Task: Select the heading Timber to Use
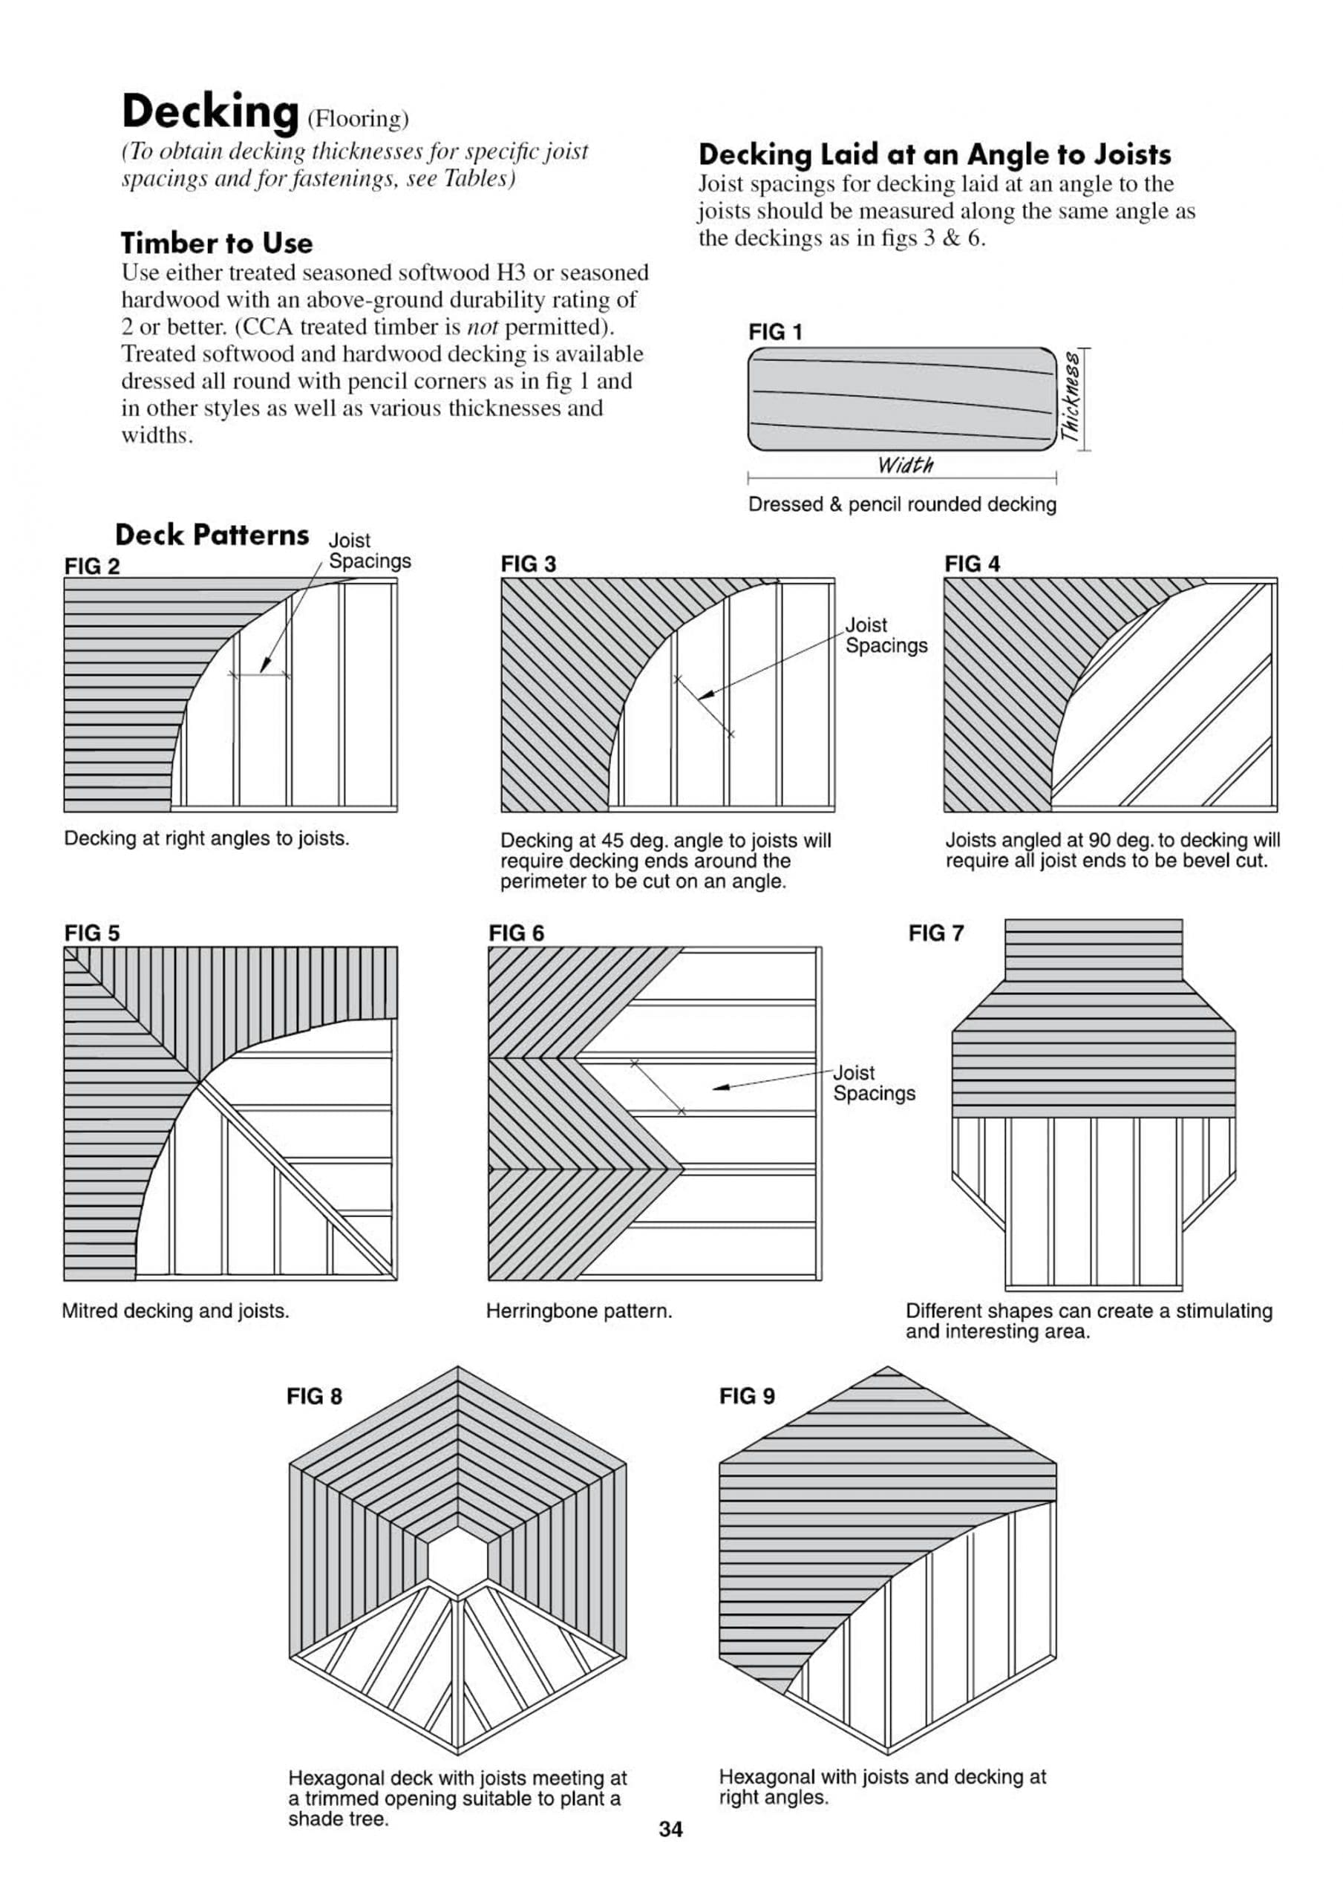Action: coord(217,243)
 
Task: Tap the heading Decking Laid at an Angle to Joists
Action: coord(935,155)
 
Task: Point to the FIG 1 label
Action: coord(775,332)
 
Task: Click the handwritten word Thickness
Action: coord(1071,397)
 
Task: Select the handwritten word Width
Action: coord(905,466)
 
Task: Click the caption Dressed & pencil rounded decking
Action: coord(902,504)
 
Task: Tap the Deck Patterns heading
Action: coord(212,535)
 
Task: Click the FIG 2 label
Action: coord(92,567)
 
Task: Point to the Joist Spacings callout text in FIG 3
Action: coord(886,635)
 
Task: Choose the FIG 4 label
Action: coord(972,564)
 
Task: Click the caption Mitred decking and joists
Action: coord(175,1311)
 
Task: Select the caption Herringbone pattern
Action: coord(579,1311)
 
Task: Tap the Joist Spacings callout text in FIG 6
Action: coord(874,1083)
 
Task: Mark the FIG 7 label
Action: coord(935,933)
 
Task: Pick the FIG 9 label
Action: coord(747,1396)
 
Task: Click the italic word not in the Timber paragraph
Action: coord(483,327)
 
